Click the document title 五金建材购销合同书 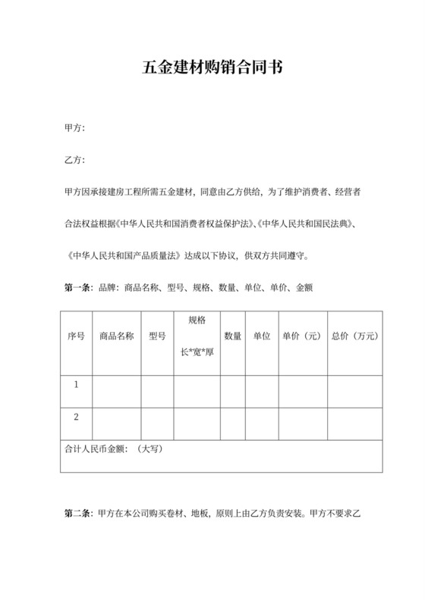click(x=212, y=67)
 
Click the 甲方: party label click(x=75, y=128)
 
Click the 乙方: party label click(x=75, y=161)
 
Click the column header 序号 click(x=76, y=336)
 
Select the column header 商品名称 click(x=116, y=336)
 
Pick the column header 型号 click(x=157, y=336)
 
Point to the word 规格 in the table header click(x=197, y=320)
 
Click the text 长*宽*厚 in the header click(x=197, y=352)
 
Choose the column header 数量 click(x=232, y=336)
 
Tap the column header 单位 click(x=262, y=336)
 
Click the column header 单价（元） click(x=301, y=336)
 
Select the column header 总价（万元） click(x=354, y=336)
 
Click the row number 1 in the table click(x=76, y=385)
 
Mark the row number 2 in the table click(x=76, y=417)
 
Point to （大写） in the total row click(x=151, y=448)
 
